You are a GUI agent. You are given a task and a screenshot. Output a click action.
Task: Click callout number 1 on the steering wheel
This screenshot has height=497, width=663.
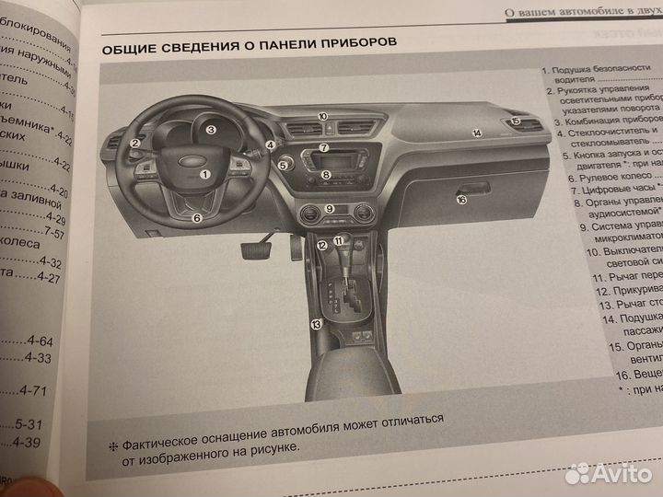pos(204,173)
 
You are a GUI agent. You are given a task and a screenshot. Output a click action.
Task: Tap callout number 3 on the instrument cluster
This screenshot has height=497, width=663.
pos(211,130)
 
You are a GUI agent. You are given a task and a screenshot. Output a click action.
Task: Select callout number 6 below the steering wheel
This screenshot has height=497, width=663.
pos(196,218)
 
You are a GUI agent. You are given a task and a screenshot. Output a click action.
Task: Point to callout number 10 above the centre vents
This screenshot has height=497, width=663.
pos(323,116)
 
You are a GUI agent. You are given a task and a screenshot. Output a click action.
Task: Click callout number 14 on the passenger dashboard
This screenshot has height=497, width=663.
pos(477,133)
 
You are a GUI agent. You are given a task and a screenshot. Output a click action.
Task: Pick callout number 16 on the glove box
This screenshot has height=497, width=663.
pos(461,198)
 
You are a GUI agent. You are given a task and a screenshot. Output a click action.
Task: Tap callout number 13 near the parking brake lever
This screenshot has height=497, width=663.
pos(316,323)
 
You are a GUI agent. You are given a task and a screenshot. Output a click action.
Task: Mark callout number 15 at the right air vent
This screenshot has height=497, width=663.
pos(516,121)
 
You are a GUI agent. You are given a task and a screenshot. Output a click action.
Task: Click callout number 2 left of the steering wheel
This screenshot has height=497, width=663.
pos(134,143)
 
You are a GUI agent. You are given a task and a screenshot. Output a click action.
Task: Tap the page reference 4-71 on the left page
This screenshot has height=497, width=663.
pos(34,390)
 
